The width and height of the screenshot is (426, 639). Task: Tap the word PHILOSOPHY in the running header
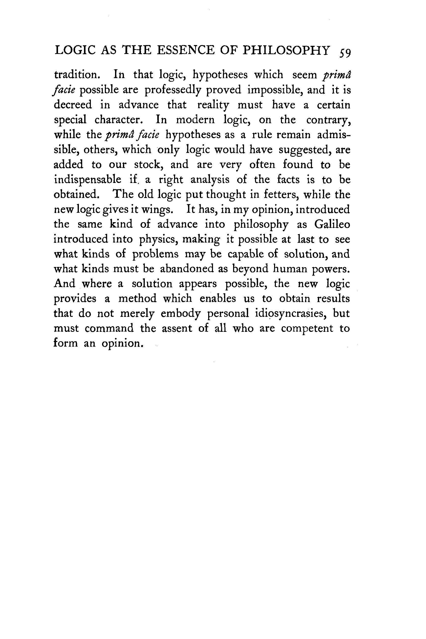[x=286, y=50]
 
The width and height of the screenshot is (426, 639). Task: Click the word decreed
[x=73, y=105]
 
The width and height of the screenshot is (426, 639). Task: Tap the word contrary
[x=328, y=120]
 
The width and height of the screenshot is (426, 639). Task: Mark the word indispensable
[x=88, y=180]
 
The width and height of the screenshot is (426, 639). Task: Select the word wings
[x=157, y=210]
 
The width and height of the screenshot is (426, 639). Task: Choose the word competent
[x=307, y=329]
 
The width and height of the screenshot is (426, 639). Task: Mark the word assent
[x=177, y=329]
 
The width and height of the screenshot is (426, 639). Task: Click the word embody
[x=180, y=314]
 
